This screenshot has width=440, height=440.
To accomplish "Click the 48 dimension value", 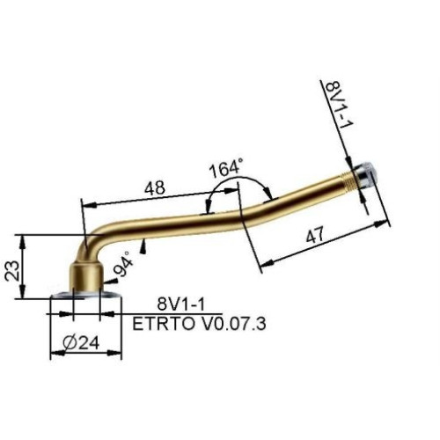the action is [155, 187].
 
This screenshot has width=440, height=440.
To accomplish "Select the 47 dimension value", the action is [315, 235].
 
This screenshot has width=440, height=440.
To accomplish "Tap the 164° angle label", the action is [226, 168].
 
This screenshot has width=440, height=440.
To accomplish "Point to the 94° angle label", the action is [124, 264].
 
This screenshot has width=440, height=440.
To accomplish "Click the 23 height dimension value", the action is [12, 270].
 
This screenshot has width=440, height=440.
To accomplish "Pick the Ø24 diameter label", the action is [81, 342].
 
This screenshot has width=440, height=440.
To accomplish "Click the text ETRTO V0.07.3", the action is [199, 324].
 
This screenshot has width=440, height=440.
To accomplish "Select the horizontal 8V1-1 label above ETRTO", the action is [180, 304].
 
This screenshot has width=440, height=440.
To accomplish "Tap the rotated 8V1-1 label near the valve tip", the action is [340, 103].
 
